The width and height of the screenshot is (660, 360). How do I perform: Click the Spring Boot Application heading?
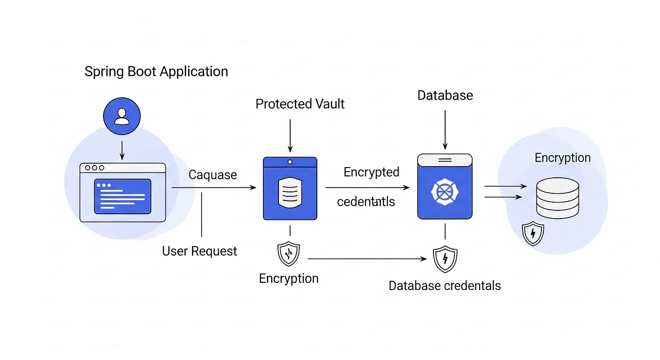156,71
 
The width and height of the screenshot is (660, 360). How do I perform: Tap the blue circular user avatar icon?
122,117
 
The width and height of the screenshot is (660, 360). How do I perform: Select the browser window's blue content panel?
122,196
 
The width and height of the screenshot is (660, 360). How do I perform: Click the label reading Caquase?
212,175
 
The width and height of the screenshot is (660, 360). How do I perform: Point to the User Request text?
199,251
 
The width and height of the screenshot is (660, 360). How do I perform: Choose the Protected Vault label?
300,104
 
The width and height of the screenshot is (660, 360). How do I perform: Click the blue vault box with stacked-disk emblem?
290,189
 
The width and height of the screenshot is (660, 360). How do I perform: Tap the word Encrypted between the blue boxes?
371,172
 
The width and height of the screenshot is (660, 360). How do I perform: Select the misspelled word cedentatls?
365,202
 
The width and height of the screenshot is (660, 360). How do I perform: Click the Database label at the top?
445,95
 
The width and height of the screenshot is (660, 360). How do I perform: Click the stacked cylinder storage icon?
557,197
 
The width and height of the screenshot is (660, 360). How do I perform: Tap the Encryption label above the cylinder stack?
562,158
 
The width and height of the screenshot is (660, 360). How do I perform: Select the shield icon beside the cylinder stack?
533,234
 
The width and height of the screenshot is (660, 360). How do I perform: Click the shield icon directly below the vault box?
288,254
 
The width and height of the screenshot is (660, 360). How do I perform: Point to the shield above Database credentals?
445,259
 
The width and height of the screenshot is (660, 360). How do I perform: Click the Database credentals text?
444,286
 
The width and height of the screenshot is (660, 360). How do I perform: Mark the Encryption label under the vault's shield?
289,278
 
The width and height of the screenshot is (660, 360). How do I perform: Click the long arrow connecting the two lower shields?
367,259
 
